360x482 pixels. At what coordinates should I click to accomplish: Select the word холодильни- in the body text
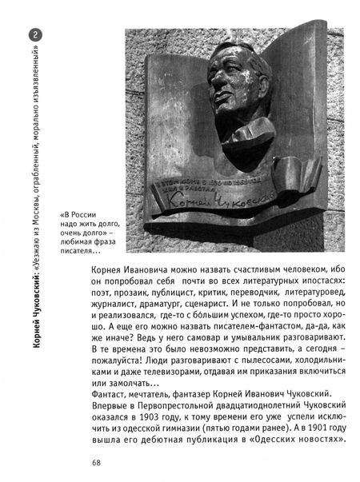pos(318,349)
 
